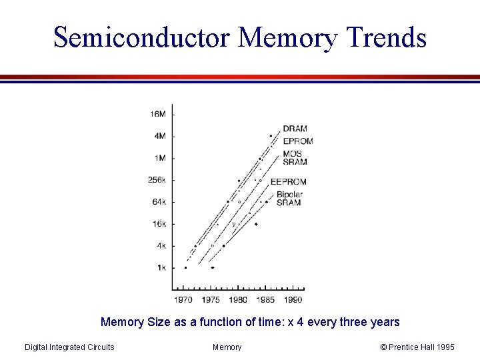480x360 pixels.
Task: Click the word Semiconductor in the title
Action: (x=142, y=37)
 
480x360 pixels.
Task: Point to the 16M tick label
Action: (x=158, y=114)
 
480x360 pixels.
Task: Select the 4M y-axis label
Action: (x=160, y=136)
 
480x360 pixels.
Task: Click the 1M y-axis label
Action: (x=160, y=158)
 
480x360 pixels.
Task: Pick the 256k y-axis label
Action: (x=157, y=180)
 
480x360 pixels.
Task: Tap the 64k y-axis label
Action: (x=158, y=202)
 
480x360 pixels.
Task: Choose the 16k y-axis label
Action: (x=158, y=224)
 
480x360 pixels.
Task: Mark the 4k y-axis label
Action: (x=161, y=246)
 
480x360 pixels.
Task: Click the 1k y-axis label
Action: (x=161, y=268)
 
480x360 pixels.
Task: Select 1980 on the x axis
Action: (x=238, y=300)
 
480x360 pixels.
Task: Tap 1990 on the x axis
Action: (x=293, y=300)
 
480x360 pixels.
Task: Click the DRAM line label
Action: (x=295, y=129)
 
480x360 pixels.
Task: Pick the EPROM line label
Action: (x=297, y=141)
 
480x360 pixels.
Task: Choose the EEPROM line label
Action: (x=288, y=181)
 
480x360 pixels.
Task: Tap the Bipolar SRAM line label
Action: (x=289, y=199)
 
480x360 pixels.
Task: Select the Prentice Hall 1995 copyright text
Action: (x=417, y=347)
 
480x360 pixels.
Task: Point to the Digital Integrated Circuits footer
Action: (x=69, y=347)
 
